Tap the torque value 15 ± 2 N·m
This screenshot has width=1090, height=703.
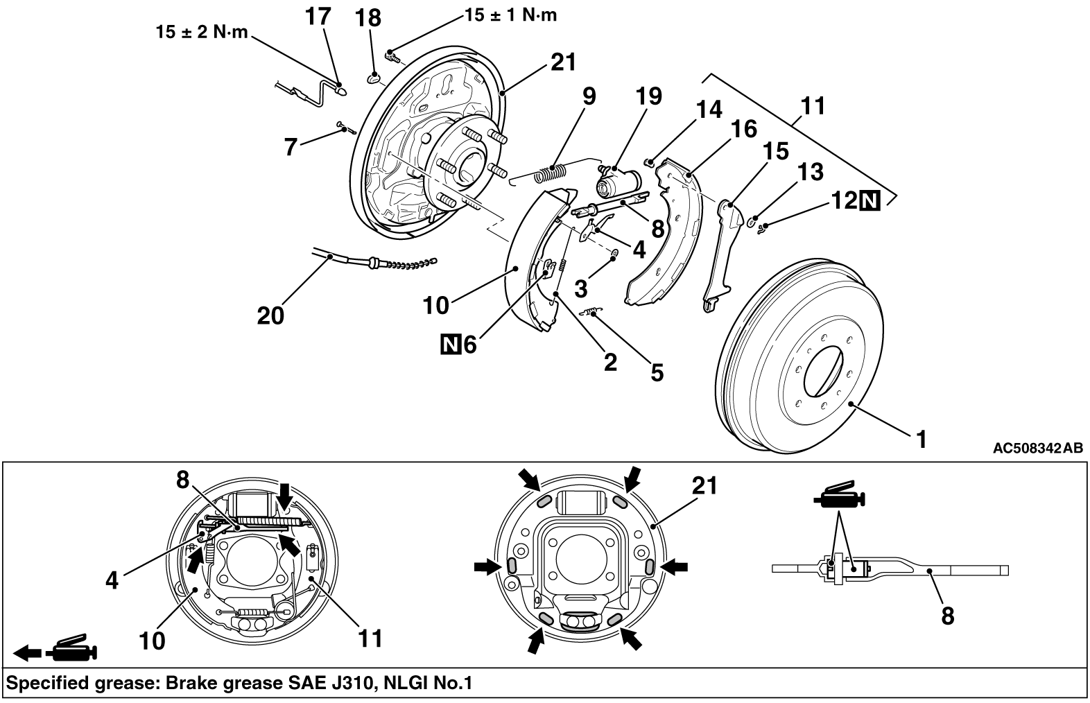(x=202, y=32)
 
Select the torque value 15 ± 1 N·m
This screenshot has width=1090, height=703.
(x=511, y=15)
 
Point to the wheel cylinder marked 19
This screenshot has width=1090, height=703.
(x=618, y=182)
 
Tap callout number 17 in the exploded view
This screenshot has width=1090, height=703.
(x=318, y=16)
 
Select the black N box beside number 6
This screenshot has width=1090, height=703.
(x=451, y=345)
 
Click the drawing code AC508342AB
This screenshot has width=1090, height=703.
(x=1038, y=448)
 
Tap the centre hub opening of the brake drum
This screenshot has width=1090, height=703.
(x=823, y=372)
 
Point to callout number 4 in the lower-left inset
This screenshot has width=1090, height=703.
(x=112, y=580)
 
